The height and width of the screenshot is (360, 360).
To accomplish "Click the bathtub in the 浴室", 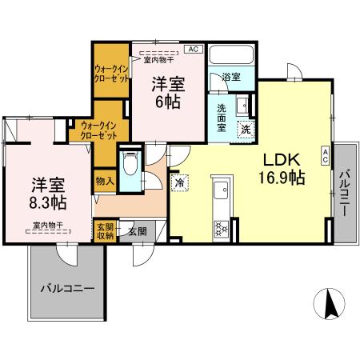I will point(230,57).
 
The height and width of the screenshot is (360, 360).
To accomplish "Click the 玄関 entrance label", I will point(137,230).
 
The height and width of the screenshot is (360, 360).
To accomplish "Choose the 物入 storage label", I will point(105,181).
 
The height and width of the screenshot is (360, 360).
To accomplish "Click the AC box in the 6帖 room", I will point(193,49).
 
